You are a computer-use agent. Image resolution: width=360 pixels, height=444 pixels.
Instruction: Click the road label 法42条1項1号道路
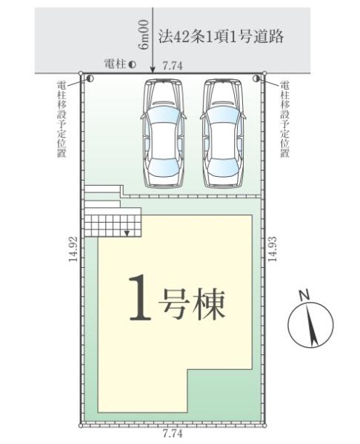coord(221,37)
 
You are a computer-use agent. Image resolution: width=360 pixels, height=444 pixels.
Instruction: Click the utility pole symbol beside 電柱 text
coord(133,65)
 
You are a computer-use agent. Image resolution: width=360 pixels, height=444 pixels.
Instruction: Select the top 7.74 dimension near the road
coord(173,66)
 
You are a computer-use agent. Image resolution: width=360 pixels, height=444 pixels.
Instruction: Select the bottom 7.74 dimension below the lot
coord(172,434)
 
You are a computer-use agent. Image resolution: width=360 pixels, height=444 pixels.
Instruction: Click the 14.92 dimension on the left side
coord(73,252)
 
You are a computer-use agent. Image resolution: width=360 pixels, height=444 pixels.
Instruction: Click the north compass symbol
coord(311,325)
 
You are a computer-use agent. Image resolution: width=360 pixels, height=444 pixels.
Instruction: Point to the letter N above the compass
coord(303,295)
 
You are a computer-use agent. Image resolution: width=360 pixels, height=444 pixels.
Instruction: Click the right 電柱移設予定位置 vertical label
coord(285,118)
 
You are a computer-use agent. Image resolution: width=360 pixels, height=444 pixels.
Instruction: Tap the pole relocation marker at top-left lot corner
coord(89,78)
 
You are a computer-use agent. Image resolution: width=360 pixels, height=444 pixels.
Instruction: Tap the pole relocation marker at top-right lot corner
coord(256,78)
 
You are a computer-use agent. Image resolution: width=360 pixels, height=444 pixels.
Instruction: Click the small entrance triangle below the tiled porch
coord(127,233)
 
